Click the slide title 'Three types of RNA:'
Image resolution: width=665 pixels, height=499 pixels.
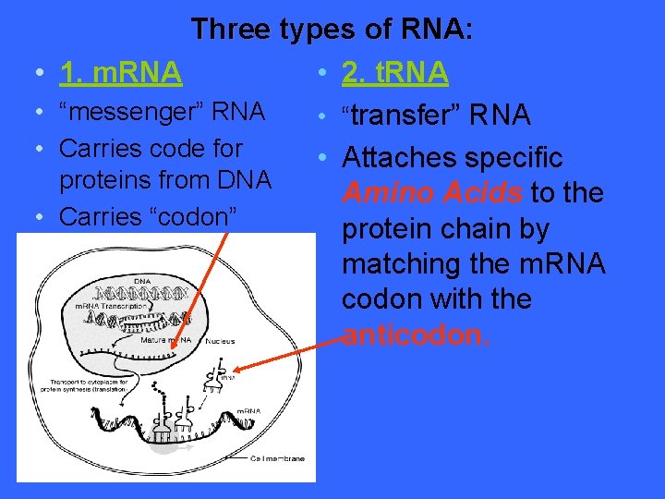click(332, 29)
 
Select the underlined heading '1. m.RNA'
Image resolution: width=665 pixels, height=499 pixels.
click(120, 71)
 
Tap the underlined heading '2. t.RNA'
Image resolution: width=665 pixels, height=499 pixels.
click(395, 71)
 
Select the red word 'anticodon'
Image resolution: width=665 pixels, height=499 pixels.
click(412, 335)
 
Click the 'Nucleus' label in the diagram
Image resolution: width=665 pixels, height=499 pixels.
click(220, 341)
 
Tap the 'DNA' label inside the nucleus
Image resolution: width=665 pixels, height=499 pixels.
click(143, 281)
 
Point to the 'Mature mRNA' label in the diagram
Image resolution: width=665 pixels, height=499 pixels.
click(166, 340)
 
